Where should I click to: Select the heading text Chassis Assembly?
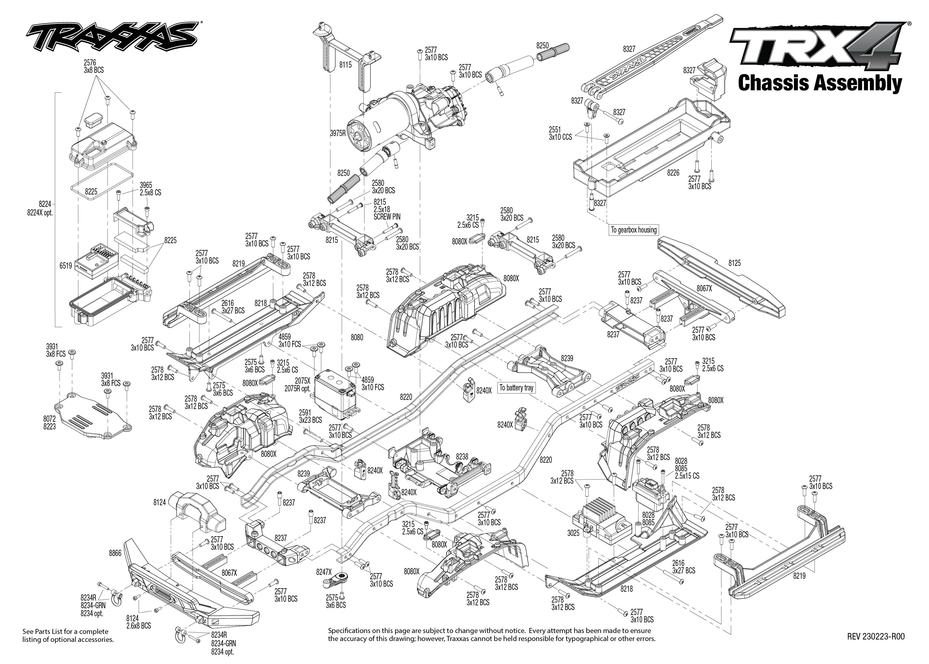[x=820, y=83]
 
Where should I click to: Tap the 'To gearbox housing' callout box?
[x=633, y=230]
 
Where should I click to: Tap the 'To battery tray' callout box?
[x=516, y=387]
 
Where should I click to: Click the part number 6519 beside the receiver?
[x=65, y=266]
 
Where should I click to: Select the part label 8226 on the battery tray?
[x=673, y=173]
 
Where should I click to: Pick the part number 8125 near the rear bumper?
[x=734, y=263]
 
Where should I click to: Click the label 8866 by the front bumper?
[x=115, y=553]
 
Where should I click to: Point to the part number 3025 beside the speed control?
[x=573, y=533]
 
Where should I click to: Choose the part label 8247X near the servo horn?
[x=324, y=573]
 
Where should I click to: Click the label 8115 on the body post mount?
[x=345, y=65]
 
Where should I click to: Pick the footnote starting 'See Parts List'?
[x=68, y=635]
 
